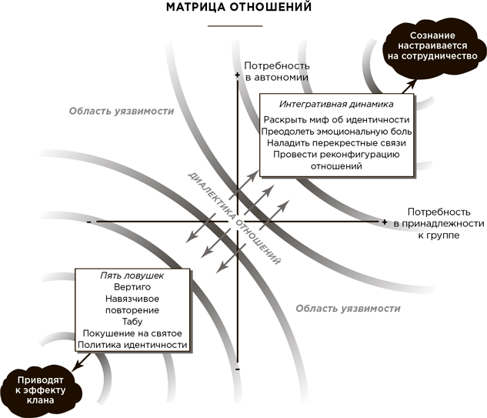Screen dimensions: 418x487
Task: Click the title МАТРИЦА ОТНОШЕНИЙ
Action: pos(243,9)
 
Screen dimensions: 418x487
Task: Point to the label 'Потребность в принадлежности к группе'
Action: pos(438,222)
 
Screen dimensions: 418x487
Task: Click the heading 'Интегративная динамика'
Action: pos(337,103)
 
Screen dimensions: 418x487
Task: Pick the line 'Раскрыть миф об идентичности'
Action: pos(336,119)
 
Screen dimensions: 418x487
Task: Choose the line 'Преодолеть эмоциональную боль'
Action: pos(336,131)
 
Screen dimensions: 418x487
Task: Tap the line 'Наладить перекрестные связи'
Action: pos(336,142)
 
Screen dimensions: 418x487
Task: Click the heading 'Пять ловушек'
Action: pos(132,275)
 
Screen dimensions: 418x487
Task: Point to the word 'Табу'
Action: pos(132,321)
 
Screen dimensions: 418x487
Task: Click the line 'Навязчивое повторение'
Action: pos(132,304)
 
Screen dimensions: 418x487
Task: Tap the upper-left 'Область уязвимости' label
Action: pos(121,111)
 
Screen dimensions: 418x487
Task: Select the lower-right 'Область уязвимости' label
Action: pos(348,308)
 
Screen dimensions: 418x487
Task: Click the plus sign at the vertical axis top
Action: pos(237,75)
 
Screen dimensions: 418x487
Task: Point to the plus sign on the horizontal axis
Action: pos(384,222)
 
